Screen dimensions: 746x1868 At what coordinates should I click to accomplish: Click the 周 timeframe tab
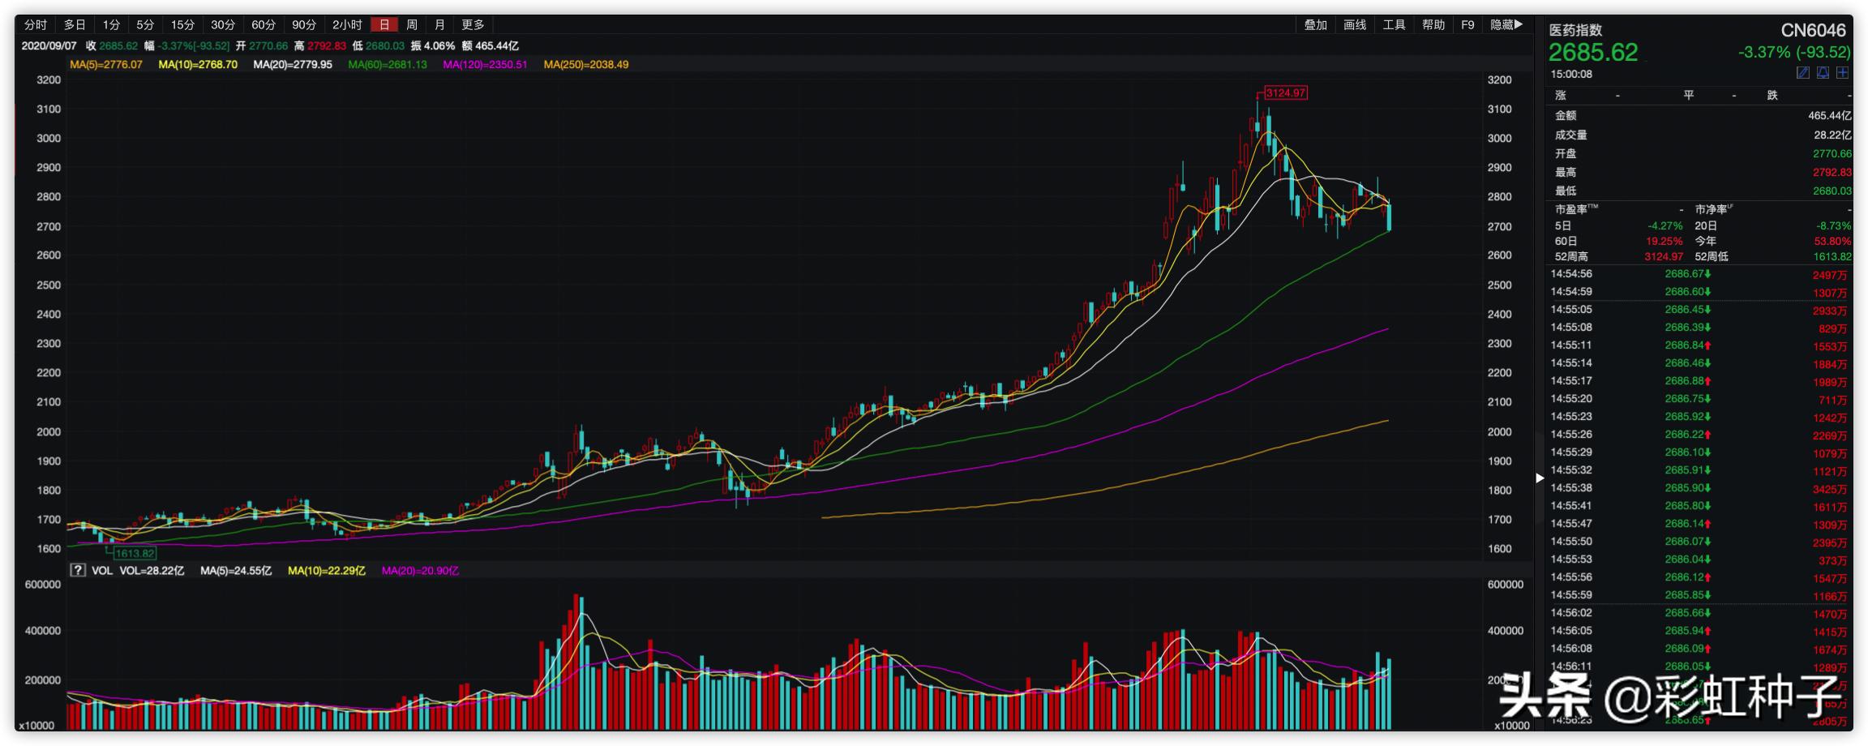click(x=412, y=25)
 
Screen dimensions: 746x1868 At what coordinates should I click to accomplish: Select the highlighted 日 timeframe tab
click(x=384, y=25)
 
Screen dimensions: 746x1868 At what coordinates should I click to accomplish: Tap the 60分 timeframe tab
click(x=263, y=25)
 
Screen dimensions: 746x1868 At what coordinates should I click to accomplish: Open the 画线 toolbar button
click(x=1355, y=25)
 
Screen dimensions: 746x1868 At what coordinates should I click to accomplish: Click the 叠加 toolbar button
click(x=1315, y=25)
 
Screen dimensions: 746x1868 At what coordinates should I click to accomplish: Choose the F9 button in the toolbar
click(x=1467, y=25)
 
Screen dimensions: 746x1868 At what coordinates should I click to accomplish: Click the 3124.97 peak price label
click(x=1286, y=93)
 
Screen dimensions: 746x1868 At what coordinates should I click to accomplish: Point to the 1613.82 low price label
click(x=135, y=554)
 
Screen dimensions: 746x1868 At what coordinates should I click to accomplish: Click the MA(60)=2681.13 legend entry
click(x=388, y=65)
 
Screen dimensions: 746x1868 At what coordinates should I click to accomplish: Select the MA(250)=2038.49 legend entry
click(x=586, y=65)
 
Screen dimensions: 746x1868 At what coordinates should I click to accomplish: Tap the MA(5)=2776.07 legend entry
click(x=106, y=65)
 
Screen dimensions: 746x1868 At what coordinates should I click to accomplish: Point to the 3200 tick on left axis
click(x=49, y=80)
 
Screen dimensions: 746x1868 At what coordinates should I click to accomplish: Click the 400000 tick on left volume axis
click(x=43, y=631)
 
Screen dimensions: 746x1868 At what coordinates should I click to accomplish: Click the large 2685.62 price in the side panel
click(x=1593, y=54)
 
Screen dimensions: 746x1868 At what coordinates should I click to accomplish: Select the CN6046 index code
click(x=1813, y=31)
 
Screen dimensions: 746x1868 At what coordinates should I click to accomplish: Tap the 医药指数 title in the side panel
click(x=1576, y=31)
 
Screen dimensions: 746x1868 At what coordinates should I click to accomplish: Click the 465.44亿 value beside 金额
click(x=1829, y=116)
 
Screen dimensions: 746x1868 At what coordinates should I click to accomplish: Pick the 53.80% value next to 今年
click(x=1832, y=242)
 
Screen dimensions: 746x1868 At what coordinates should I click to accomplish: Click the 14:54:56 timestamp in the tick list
click(x=1571, y=274)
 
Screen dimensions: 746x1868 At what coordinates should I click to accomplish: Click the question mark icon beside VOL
click(x=78, y=571)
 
